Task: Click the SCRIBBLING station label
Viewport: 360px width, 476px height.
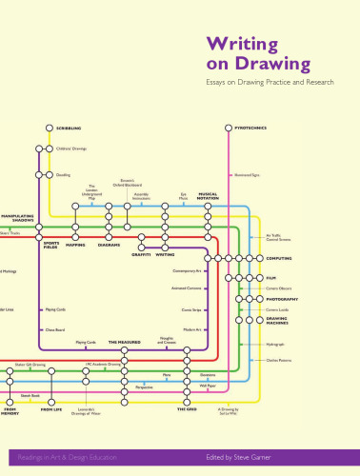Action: (x=68, y=128)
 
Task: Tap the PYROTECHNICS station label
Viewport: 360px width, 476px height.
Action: (x=250, y=127)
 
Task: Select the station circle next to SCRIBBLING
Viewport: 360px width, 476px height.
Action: (x=48, y=128)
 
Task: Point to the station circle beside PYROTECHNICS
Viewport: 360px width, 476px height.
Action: (x=229, y=127)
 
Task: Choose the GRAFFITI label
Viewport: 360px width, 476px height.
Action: (x=141, y=254)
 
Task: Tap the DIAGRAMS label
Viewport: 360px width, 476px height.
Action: (x=109, y=245)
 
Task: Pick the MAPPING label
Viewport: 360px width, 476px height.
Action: (x=76, y=245)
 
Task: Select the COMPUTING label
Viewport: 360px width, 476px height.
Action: (x=279, y=258)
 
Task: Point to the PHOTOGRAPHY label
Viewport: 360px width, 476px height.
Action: (x=282, y=299)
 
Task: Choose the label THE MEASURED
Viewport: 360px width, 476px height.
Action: (x=124, y=341)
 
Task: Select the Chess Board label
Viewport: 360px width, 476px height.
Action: (x=56, y=328)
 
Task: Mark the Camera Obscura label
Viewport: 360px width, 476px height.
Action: (x=278, y=288)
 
